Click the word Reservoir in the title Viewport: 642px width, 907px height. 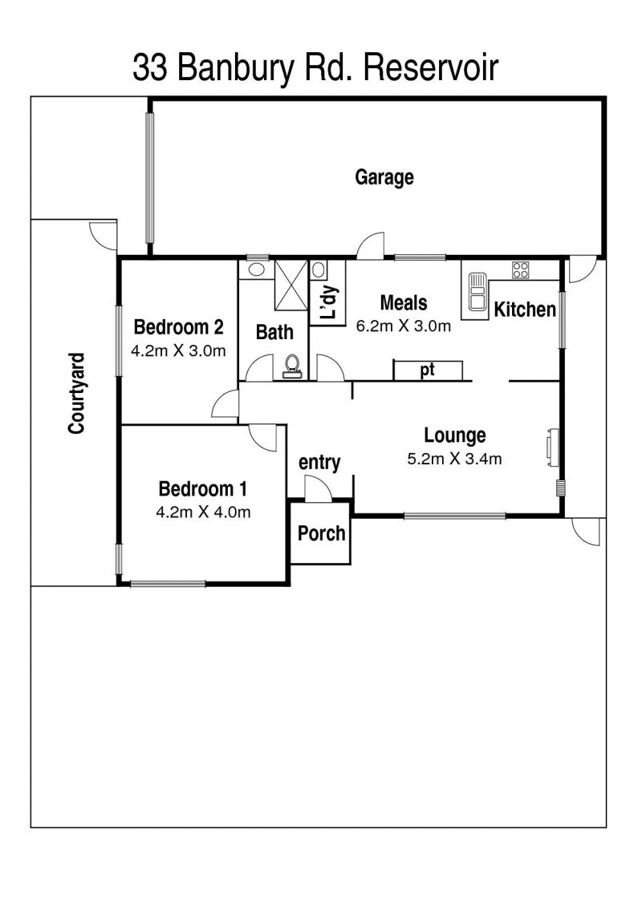pyautogui.click(x=430, y=68)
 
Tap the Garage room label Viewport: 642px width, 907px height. pyautogui.click(x=384, y=177)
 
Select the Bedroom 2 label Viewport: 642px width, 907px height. pyautogui.click(x=178, y=327)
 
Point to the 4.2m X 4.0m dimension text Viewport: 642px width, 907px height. pyautogui.click(x=203, y=512)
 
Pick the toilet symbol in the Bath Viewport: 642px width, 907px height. pyautogui.click(x=292, y=366)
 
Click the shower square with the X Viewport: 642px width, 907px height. pyautogui.click(x=292, y=285)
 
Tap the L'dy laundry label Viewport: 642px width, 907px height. pyautogui.click(x=328, y=303)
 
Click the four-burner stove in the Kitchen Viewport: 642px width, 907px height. pyautogui.click(x=520, y=269)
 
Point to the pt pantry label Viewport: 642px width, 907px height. pyautogui.click(x=427, y=370)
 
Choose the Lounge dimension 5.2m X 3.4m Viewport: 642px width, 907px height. pyautogui.click(x=454, y=459)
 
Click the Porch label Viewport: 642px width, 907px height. pyautogui.click(x=321, y=533)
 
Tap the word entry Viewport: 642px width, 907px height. pyautogui.click(x=319, y=462)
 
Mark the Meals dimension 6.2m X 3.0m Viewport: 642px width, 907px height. pyautogui.click(x=404, y=326)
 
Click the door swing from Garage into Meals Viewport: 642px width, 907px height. pyautogui.click(x=371, y=245)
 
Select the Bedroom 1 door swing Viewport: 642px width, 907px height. pyautogui.click(x=263, y=438)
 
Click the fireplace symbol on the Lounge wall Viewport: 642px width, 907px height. pyautogui.click(x=552, y=446)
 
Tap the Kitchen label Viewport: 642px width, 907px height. pyautogui.click(x=525, y=310)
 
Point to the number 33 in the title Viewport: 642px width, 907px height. pyautogui.click(x=151, y=68)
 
